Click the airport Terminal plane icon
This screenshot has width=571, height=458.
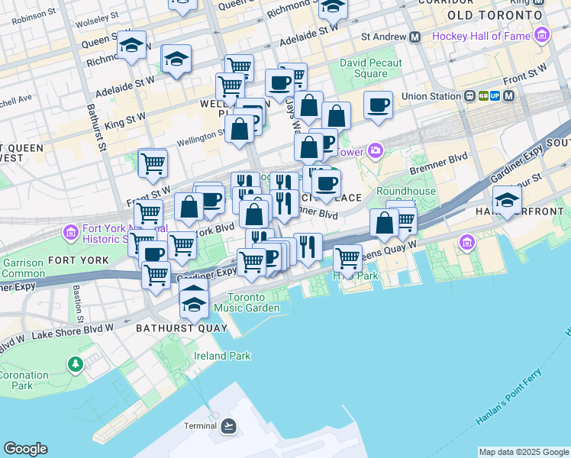228,426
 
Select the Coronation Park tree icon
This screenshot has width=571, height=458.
75,364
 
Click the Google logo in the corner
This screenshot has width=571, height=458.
25,449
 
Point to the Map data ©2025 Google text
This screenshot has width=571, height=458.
523,452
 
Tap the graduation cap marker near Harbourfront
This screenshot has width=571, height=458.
506,200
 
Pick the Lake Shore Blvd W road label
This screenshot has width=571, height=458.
76,331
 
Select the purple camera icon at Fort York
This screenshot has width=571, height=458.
70,231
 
